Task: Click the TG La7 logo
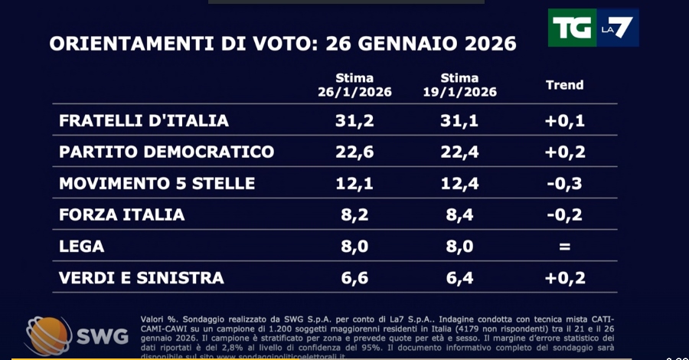[x=593, y=28]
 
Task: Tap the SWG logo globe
[x=48, y=334]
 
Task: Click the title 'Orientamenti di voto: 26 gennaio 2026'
[x=282, y=43]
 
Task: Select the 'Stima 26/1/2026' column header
[x=354, y=85]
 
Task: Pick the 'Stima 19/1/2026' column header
[x=459, y=85]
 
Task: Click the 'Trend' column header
[x=564, y=85]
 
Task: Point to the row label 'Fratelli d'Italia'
[x=144, y=120]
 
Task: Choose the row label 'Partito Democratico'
[x=166, y=152]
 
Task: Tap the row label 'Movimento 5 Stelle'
[x=157, y=184]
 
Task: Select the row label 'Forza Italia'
[x=122, y=215]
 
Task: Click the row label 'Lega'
[x=81, y=247]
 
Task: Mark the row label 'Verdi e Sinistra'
[x=142, y=278]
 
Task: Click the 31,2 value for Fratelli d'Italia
[x=354, y=120]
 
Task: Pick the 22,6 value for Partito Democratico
[x=354, y=152]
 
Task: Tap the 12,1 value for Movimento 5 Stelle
[x=354, y=184]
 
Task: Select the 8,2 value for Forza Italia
[x=354, y=215]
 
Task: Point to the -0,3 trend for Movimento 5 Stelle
[x=565, y=184]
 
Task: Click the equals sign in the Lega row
[x=565, y=247]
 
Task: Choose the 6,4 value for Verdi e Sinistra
[x=460, y=278]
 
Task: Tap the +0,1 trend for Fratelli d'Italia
[x=565, y=120]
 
